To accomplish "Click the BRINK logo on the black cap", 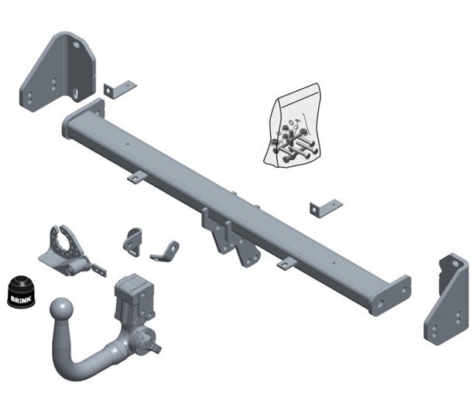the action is tap(21, 299).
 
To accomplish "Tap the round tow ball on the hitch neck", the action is tap(61, 310).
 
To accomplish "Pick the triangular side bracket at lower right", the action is tap(446, 299).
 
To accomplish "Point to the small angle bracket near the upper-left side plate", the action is tap(120, 89).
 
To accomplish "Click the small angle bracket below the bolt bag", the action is tap(325, 207).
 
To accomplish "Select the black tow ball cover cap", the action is tap(21, 292).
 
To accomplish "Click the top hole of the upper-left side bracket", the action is tap(76, 46).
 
